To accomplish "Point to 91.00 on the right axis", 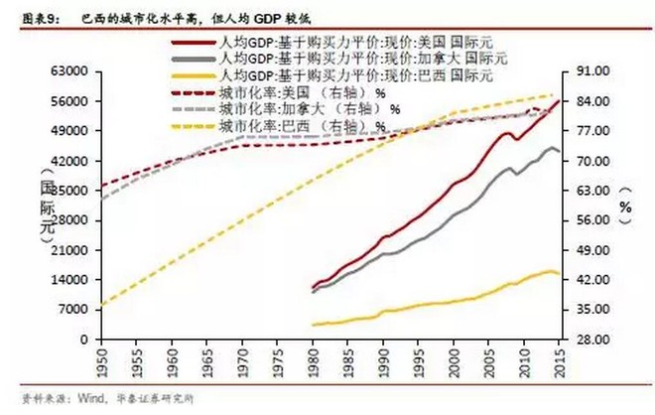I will pos(590,72).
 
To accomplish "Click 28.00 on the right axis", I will pos(590,340).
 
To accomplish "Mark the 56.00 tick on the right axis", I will pos(590,221).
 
